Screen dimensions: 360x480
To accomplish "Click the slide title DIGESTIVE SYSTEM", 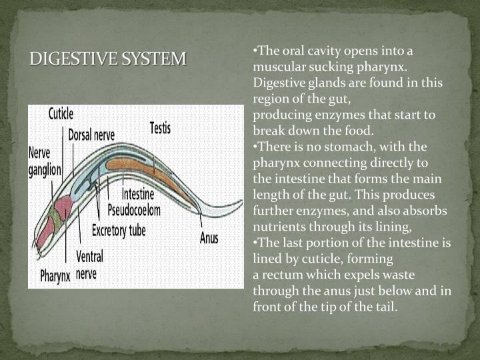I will click(x=107, y=59).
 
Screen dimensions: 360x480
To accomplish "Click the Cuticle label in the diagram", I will click(x=61, y=114).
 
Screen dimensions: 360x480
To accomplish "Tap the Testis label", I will click(x=160, y=127).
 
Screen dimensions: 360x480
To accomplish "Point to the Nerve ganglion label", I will click(x=44, y=161).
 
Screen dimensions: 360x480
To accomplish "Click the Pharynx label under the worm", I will click(x=55, y=275).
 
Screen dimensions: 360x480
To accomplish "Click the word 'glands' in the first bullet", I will click(x=326, y=83).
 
